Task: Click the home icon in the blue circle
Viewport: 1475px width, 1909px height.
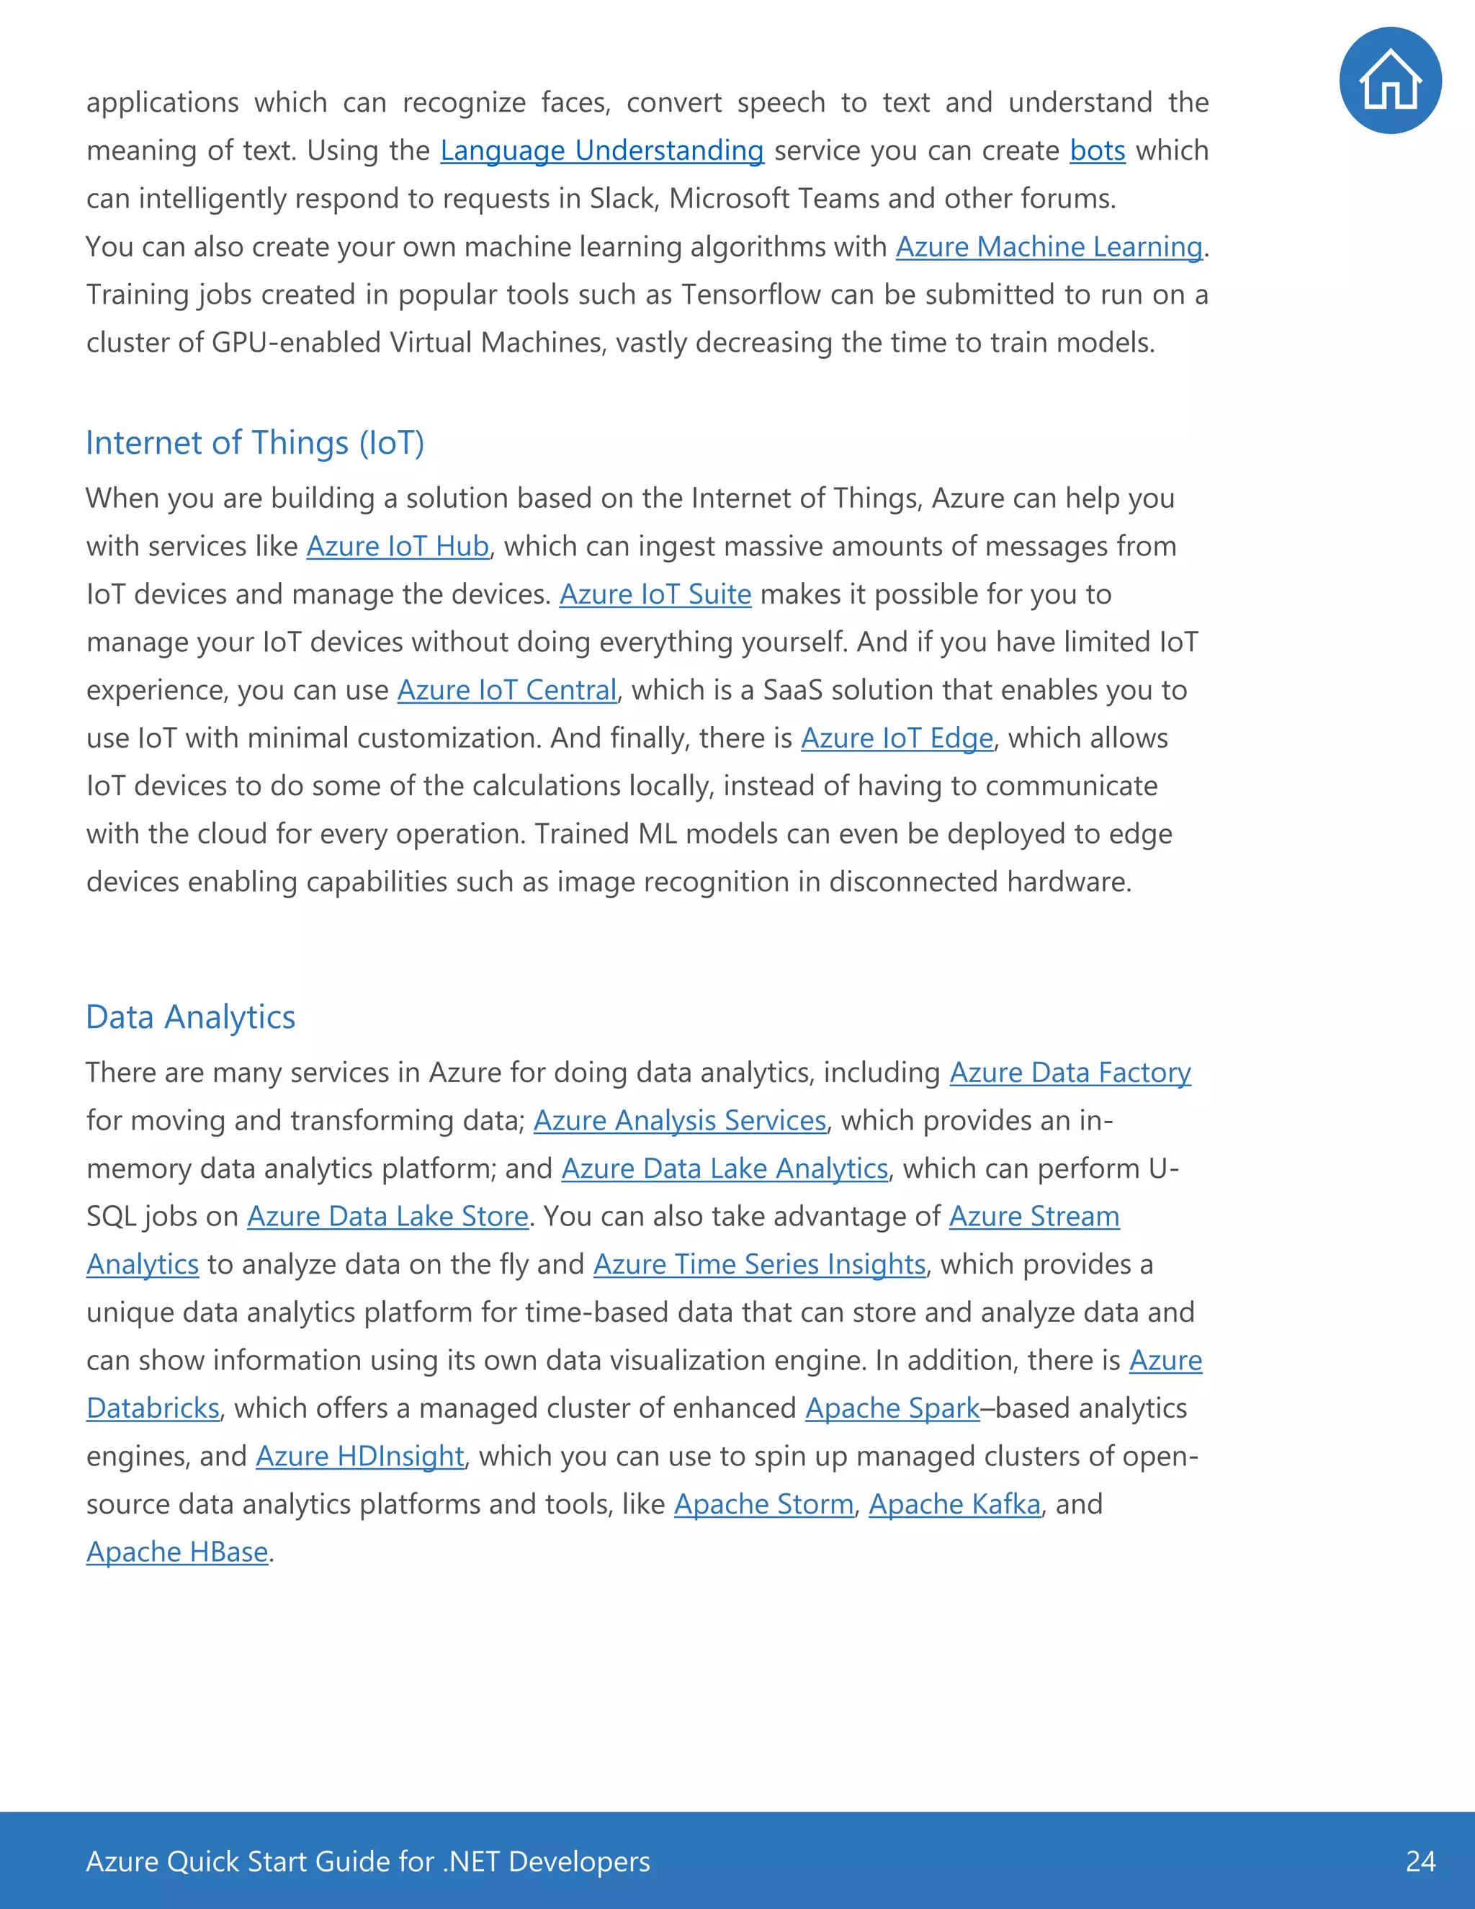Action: pos(1389,81)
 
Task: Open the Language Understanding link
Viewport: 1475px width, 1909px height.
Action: pos(601,151)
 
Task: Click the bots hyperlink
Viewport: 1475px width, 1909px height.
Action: pos(1097,151)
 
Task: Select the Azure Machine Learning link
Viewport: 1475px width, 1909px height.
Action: pos(1049,246)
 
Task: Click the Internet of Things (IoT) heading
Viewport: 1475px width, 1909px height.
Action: pos(254,443)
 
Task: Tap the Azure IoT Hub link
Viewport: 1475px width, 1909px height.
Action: pos(397,546)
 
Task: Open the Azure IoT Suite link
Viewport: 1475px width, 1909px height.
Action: pos(655,594)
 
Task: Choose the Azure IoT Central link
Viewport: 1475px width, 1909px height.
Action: pos(507,691)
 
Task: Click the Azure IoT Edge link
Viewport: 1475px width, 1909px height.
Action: pos(897,738)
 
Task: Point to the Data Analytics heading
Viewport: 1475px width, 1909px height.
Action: pos(190,1017)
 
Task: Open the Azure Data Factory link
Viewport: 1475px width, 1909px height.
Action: pos(1070,1073)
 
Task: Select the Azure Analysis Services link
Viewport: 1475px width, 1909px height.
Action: pos(679,1121)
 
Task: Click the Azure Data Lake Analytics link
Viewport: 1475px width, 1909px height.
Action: pos(724,1168)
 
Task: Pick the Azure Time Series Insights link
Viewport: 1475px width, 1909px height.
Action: pos(758,1265)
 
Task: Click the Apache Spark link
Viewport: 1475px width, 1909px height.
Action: pos(892,1408)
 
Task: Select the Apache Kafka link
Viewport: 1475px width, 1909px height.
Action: pos(954,1504)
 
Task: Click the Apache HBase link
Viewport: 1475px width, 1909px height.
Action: pos(176,1552)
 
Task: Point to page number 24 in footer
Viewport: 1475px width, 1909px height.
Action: pos(1420,1861)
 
